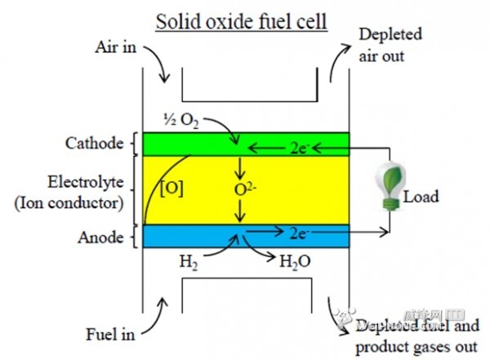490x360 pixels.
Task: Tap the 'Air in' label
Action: click(116, 47)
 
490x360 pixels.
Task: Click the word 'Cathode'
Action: click(94, 144)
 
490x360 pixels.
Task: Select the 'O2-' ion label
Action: click(244, 191)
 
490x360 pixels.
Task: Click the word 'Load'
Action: click(421, 196)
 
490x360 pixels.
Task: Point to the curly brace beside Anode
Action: click(131, 238)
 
